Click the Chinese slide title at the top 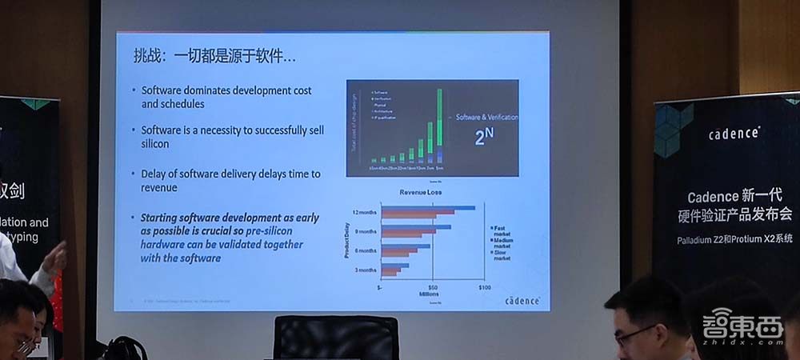(x=214, y=58)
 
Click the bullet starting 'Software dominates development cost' (x=226, y=97)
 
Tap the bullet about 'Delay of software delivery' (x=230, y=180)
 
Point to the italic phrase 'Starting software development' (x=229, y=218)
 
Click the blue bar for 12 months (x=428, y=208)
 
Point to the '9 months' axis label (x=365, y=232)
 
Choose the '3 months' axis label (x=365, y=270)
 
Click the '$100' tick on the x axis (x=484, y=286)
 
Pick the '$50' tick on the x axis (x=433, y=286)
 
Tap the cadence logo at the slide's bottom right (x=522, y=301)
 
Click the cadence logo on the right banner (x=734, y=134)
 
